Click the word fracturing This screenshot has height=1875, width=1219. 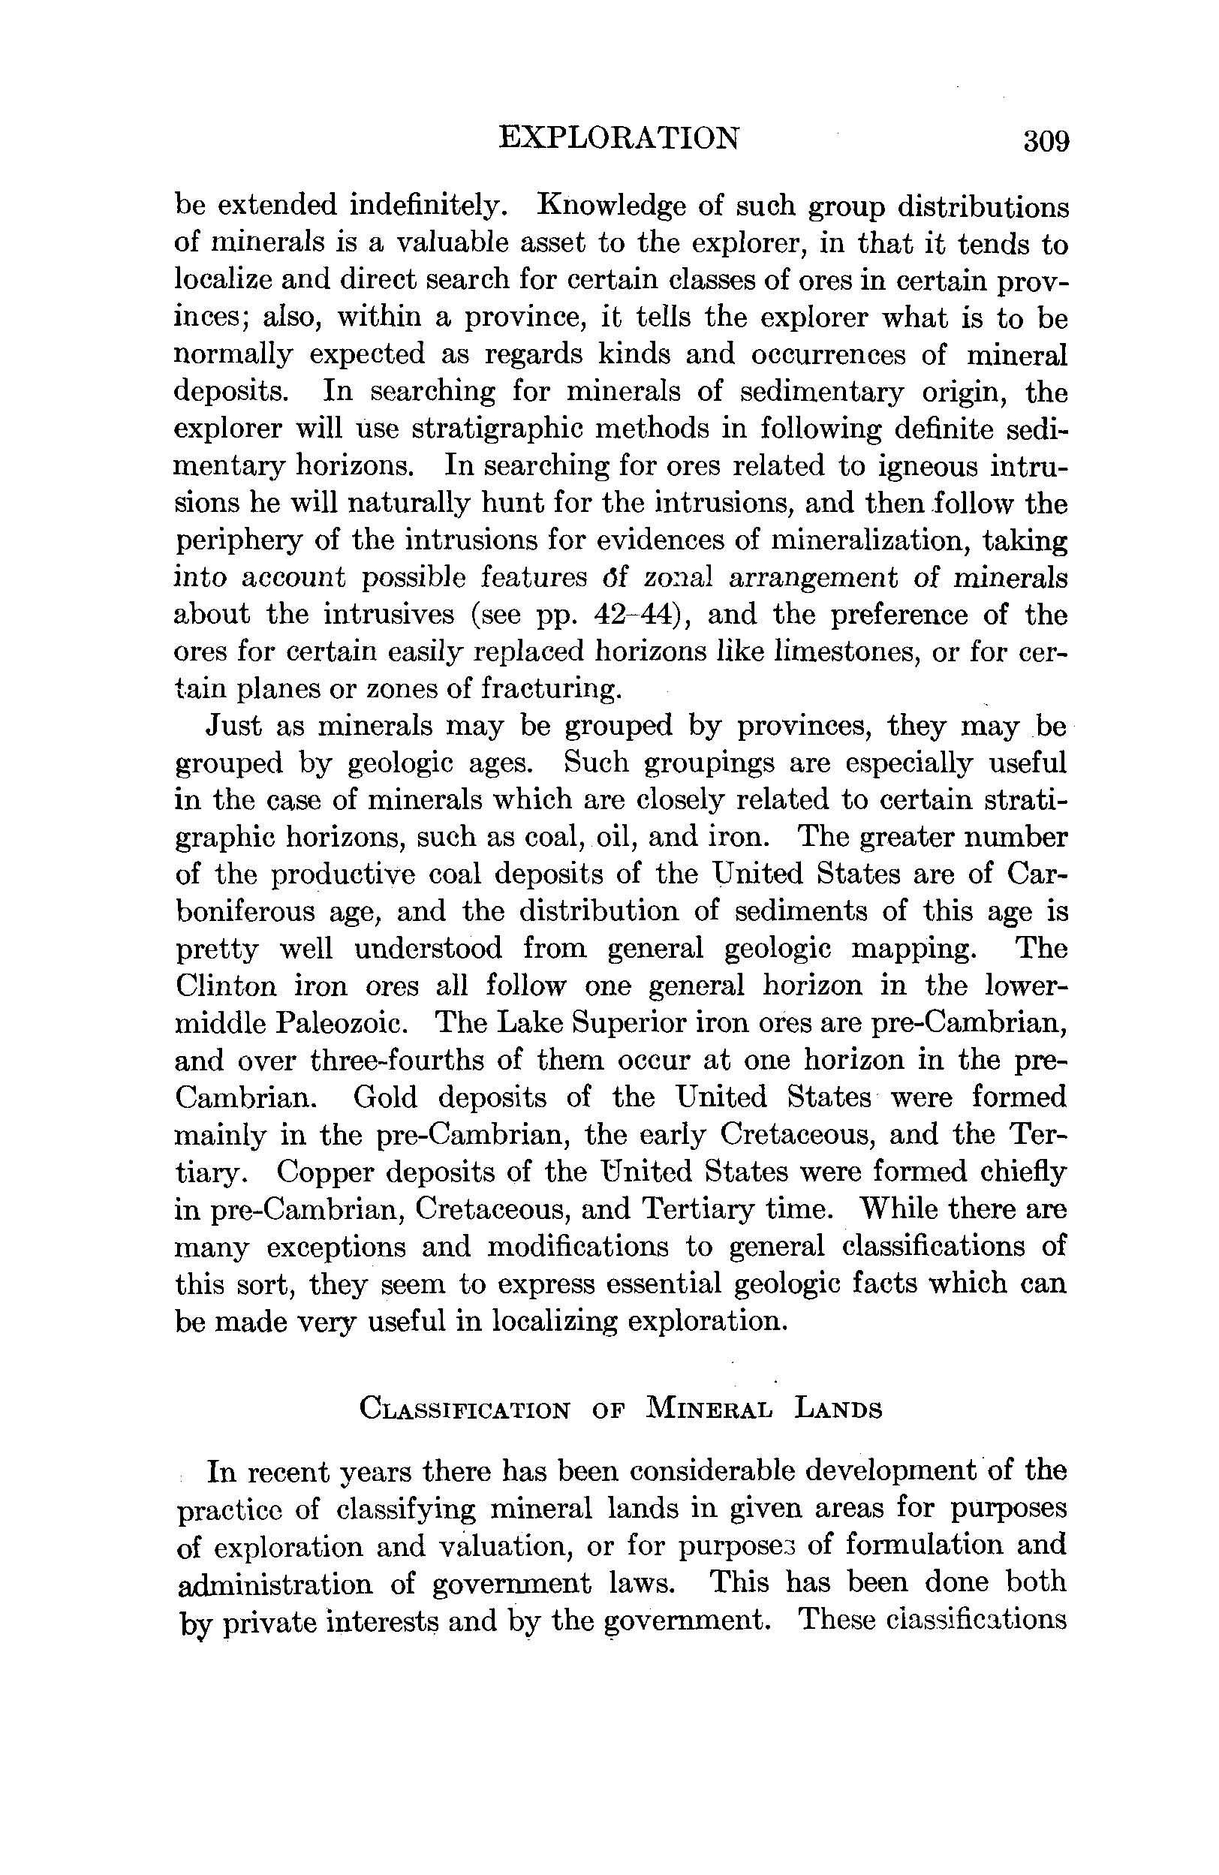552,688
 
